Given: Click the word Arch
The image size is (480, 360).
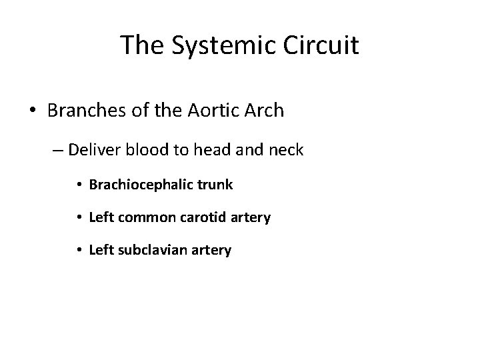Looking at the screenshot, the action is point(263,110).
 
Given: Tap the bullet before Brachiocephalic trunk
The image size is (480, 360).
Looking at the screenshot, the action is point(79,185).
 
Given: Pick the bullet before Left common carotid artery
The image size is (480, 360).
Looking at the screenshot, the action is point(79,218).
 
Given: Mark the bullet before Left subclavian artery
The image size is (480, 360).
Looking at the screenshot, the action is point(79,251).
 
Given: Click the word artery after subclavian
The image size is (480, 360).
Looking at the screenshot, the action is point(212,251).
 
